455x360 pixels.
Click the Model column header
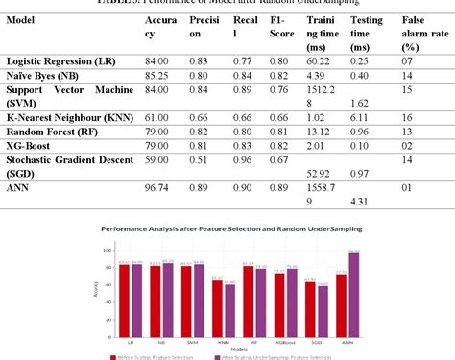22,19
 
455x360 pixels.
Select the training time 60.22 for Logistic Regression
320,60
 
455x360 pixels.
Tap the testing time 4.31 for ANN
360,202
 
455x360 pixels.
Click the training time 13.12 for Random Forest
320,132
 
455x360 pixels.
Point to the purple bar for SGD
323,308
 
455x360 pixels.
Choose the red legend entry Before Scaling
156,355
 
